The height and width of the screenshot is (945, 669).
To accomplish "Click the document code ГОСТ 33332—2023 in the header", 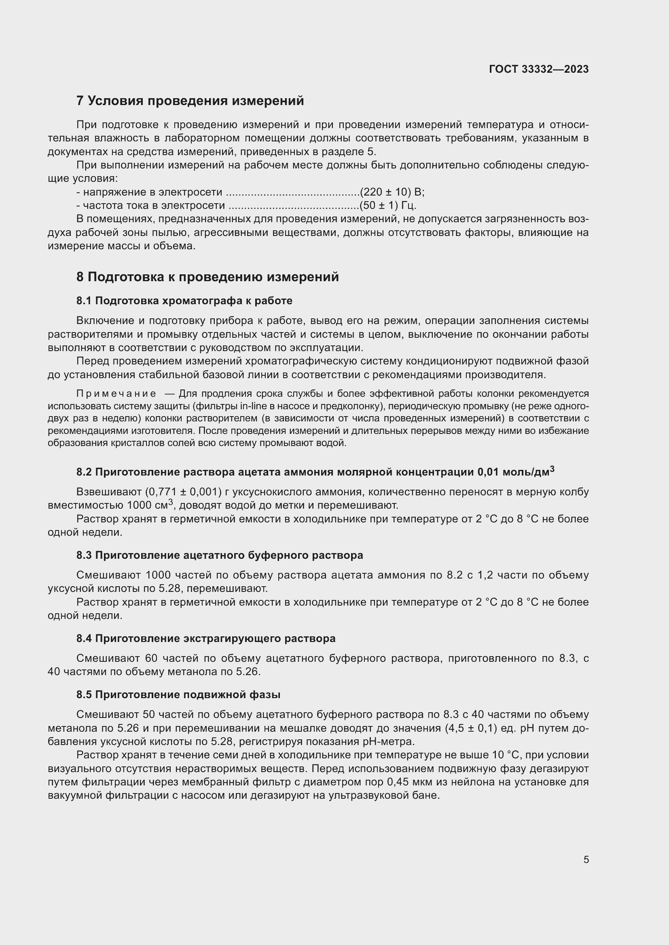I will tap(538, 69).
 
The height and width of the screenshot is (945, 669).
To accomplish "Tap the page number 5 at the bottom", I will tap(586, 859).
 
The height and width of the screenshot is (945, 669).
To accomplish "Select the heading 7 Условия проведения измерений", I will tap(190, 101).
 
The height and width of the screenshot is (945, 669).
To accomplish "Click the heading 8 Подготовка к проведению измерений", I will tap(207, 277).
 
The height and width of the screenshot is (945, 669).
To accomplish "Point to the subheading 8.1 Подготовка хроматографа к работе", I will tap(184, 301).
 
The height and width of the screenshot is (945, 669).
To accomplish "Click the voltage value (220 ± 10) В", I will tap(392, 192).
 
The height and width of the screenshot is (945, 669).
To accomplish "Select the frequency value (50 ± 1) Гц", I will tap(387, 205).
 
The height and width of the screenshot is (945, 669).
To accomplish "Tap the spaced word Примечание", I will tap(116, 394).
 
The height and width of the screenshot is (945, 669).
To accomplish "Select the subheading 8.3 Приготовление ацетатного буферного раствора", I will tap(220, 555).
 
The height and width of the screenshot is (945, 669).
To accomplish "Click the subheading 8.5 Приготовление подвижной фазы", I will tap(178, 695).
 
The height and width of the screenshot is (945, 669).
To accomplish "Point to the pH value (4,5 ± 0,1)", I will tap(472, 728).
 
